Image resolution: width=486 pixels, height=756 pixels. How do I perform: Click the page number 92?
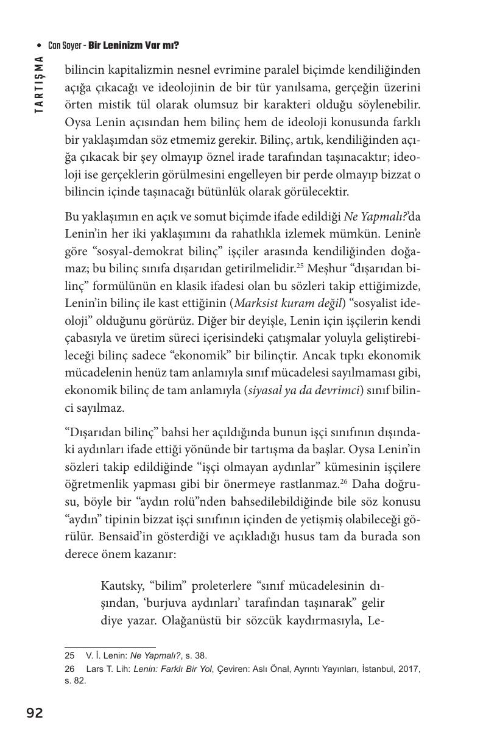pyautogui.click(x=35, y=713)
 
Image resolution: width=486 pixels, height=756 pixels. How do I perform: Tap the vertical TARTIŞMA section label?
pyautogui.click(x=38, y=84)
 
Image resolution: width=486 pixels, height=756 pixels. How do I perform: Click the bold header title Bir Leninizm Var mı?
pyautogui.click(x=133, y=46)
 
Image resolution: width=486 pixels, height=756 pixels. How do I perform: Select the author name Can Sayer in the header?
pyautogui.click(x=65, y=46)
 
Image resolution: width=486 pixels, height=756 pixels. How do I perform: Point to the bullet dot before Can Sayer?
pyautogui.click(x=40, y=46)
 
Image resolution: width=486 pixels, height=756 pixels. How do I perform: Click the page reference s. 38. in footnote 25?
pyautogui.click(x=195, y=656)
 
